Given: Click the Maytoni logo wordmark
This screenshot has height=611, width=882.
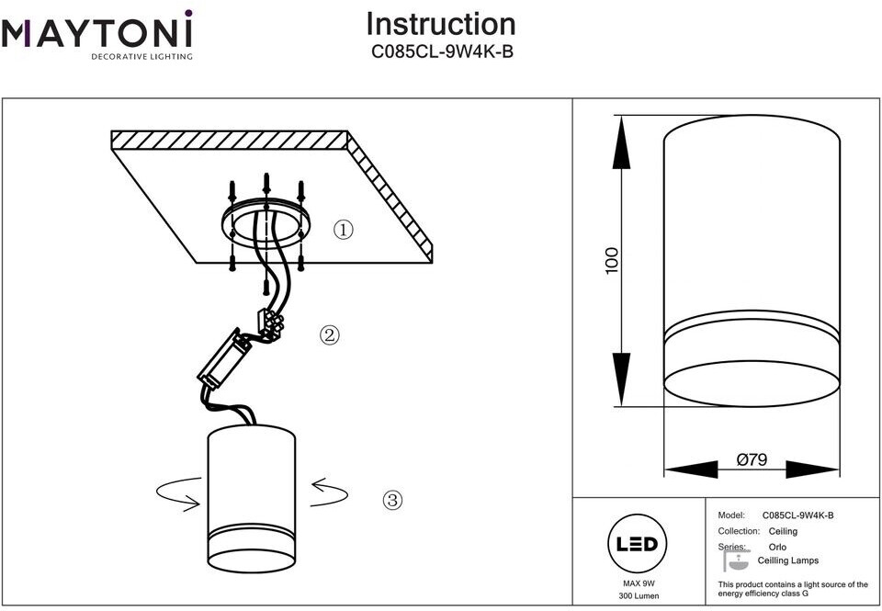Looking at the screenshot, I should point(96,34).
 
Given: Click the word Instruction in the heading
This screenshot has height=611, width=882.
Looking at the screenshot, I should point(441,24).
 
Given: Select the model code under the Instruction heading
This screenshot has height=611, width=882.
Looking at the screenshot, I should point(441,52).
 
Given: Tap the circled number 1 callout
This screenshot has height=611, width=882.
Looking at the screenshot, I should point(343,230).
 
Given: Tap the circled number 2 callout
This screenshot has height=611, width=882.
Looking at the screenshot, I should point(329,335).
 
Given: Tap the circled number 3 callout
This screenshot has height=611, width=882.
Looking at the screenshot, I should point(392,501).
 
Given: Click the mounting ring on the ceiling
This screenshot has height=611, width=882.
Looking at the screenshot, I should point(266,226).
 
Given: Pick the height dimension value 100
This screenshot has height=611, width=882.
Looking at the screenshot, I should point(613,260).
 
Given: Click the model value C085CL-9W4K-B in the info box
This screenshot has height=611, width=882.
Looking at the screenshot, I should point(797,516).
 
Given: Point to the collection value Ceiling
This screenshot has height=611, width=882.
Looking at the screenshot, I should point(783,531).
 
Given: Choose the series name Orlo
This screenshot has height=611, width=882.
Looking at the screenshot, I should point(777,547).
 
